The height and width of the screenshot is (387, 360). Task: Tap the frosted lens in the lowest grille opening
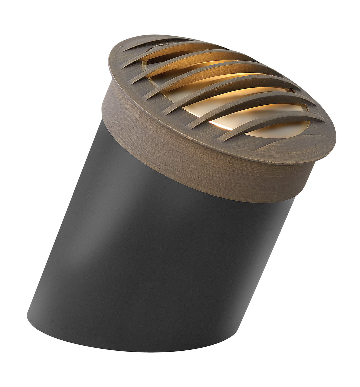coord(283,130)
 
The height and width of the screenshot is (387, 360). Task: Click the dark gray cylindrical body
coord(167,250)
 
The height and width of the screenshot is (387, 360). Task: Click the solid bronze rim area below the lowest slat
coord(293,147)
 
